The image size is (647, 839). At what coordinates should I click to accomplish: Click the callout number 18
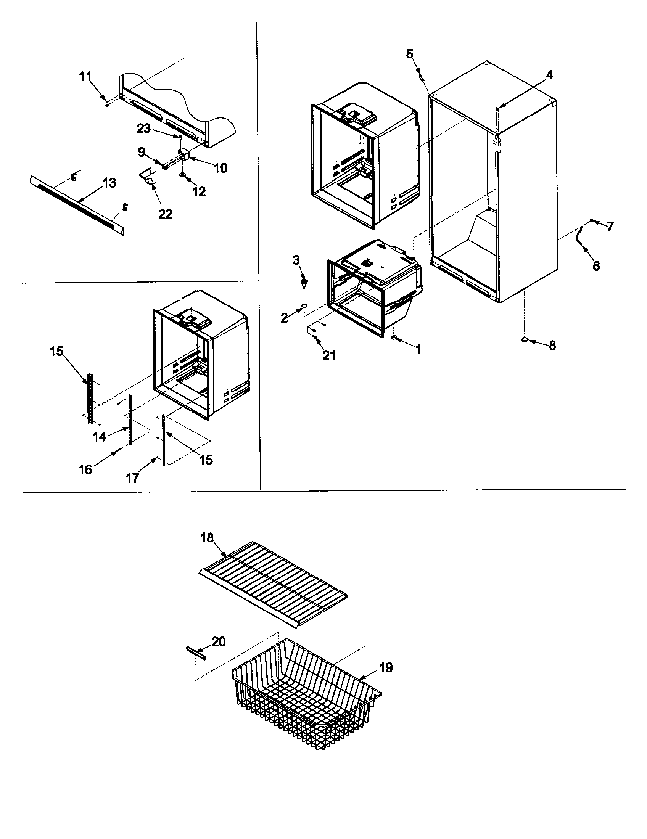point(207,538)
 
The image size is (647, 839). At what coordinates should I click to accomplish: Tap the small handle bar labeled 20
point(196,653)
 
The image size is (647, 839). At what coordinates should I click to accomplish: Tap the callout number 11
point(85,77)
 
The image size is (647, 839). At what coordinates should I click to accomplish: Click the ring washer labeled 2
point(304,305)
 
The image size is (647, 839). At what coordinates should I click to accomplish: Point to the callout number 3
point(296,260)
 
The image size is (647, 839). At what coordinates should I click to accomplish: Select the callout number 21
point(329,356)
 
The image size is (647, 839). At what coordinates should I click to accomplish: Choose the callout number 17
point(132,478)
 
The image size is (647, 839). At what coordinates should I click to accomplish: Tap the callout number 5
point(410,54)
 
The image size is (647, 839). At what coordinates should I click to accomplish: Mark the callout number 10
point(220,168)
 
